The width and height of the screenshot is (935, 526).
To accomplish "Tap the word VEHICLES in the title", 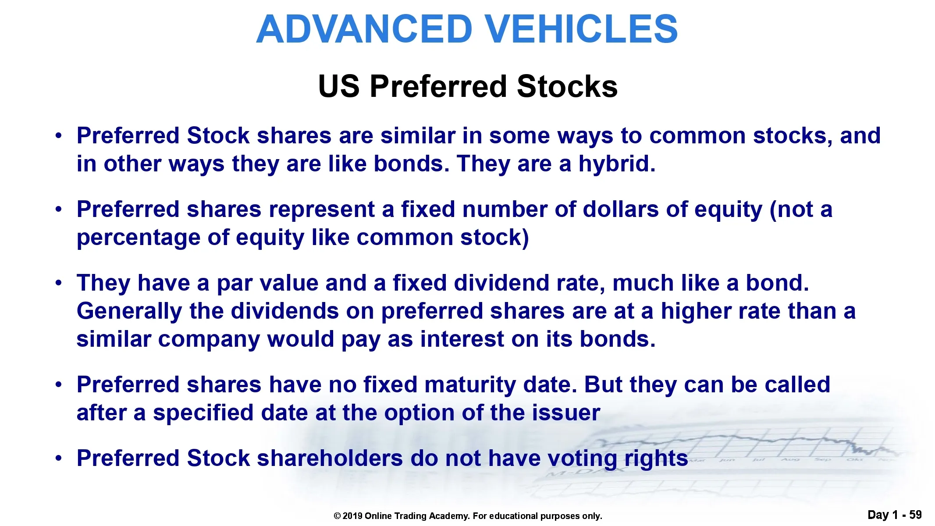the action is tap(582, 29).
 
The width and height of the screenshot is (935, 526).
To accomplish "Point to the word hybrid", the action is tap(617, 164).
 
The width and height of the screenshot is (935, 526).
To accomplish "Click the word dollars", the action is tap(621, 209).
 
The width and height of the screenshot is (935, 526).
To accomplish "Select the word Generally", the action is tap(129, 312).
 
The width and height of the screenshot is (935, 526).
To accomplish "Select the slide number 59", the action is tap(915, 515).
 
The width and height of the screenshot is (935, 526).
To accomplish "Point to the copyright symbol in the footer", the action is tap(337, 516).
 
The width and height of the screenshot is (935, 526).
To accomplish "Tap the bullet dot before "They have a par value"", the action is tap(59, 283).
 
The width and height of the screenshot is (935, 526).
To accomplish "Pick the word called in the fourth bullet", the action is tap(797, 384).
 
